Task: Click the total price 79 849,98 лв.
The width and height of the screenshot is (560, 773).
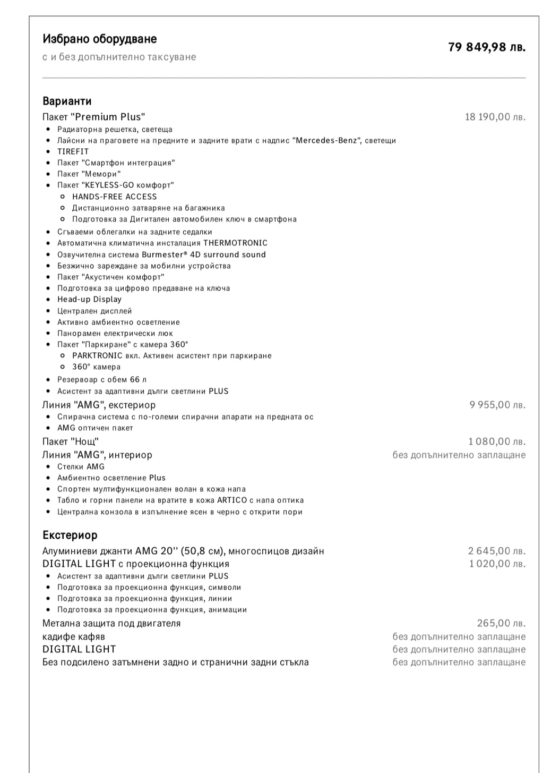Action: [x=487, y=47]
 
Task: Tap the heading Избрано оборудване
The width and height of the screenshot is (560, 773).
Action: [x=99, y=39]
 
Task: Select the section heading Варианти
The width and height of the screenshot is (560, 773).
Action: [x=67, y=101]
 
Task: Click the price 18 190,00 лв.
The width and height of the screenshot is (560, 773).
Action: [x=495, y=117]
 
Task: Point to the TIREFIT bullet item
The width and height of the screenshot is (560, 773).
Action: [x=73, y=151]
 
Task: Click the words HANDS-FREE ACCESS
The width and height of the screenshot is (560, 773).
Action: [x=115, y=197]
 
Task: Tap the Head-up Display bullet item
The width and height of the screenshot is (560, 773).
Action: [x=89, y=299]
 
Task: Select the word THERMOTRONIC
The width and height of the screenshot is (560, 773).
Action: [x=235, y=243]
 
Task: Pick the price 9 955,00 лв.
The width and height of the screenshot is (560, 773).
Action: [x=497, y=405]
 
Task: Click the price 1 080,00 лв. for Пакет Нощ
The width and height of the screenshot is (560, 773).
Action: [x=497, y=441]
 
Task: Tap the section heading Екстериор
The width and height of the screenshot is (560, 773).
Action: [x=70, y=535]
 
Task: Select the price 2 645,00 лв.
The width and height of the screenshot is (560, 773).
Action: [x=496, y=551]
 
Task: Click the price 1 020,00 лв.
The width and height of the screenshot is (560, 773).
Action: [x=497, y=564]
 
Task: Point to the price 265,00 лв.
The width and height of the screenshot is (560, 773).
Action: [x=501, y=623]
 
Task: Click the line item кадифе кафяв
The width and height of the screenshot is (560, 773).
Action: [x=74, y=636]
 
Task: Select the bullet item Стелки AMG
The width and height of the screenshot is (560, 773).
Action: [x=81, y=466]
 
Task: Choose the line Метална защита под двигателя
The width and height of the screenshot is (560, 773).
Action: [x=111, y=623]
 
